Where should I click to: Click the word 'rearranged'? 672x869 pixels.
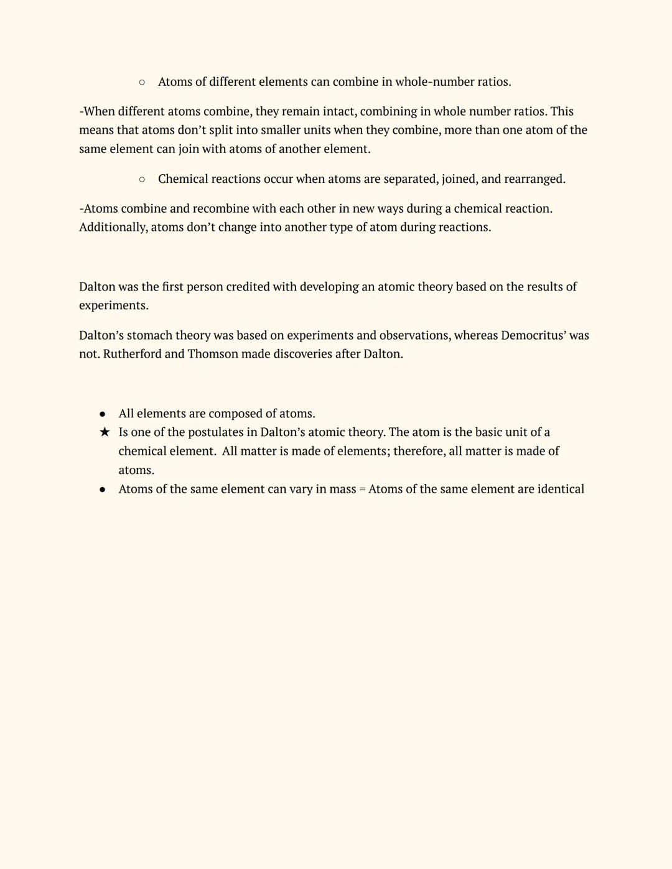coord(534,179)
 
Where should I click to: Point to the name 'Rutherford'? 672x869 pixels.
coord(132,355)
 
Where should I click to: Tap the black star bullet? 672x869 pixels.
coord(105,432)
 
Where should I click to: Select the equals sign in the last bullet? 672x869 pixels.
coord(362,490)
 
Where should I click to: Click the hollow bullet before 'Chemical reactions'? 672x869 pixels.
coord(142,180)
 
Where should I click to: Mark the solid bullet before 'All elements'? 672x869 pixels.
coord(102,414)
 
